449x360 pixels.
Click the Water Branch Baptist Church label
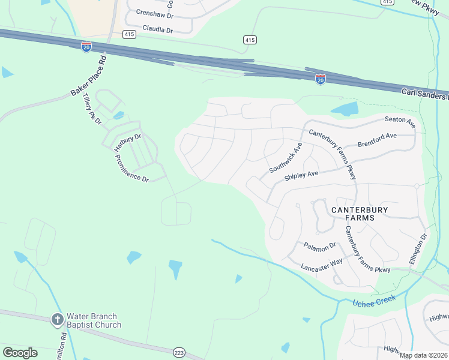[94, 320]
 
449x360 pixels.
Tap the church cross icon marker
[58, 320]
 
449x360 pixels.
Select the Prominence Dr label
[131, 169]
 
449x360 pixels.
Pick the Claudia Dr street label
[158, 29]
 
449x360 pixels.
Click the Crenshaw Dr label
[155, 12]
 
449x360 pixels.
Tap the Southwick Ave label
[285, 158]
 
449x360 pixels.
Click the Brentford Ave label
[377, 140]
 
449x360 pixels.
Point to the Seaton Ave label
[400, 122]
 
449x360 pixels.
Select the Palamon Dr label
[319, 247]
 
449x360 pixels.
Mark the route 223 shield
[179, 352]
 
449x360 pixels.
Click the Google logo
[20, 353]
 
